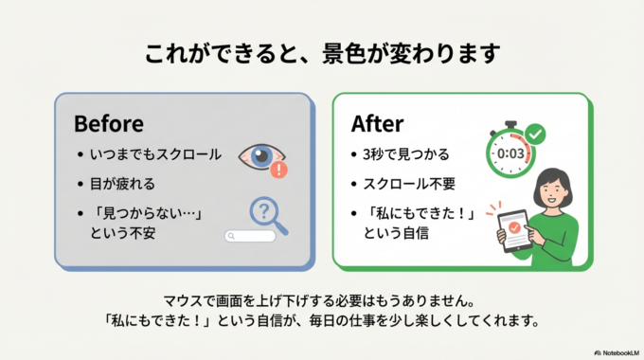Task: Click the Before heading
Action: (x=108, y=124)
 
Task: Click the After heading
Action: (x=378, y=124)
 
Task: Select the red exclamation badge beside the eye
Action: (x=278, y=171)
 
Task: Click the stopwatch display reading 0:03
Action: (x=510, y=153)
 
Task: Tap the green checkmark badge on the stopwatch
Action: (x=535, y=135)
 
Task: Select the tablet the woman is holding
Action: (x=515, y=229)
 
